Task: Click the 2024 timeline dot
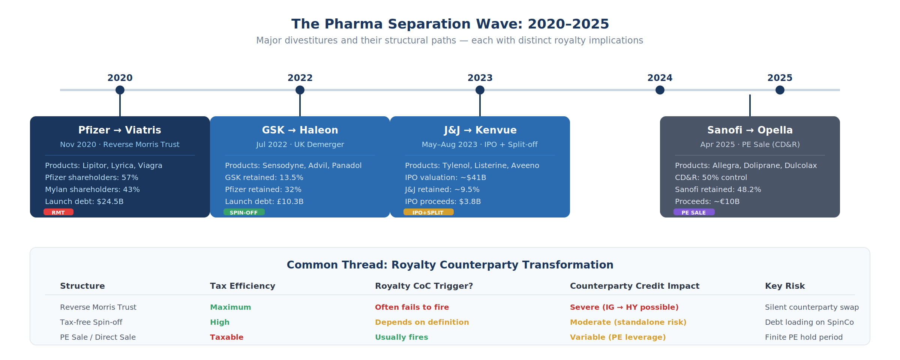tap(660, 90)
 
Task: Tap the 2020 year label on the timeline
tap(120, 78)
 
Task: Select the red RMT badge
tap(58, 212)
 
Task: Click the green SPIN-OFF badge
tap(244, 212)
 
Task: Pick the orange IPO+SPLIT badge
tap(428, 212)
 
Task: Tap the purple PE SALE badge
tap(694, 212)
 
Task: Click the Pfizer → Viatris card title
tap(120, 130)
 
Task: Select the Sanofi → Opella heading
tap(750, 130)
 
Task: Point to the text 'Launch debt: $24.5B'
tap(84, 201)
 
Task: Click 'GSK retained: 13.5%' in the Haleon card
tap(264, 177)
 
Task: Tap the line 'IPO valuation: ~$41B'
tap(445, 177)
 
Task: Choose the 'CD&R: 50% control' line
tap(711, 177)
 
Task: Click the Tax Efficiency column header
tap(243, 286)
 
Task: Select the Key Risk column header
tap(785, 286)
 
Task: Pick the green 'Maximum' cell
tap(230, 307)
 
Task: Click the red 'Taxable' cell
tap(226, 337)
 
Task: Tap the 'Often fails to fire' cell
tap(412, 307)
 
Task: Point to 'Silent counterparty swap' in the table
tap(812, 307)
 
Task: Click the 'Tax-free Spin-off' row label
tap(91, 322)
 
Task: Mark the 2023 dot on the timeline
tap(480, 90)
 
